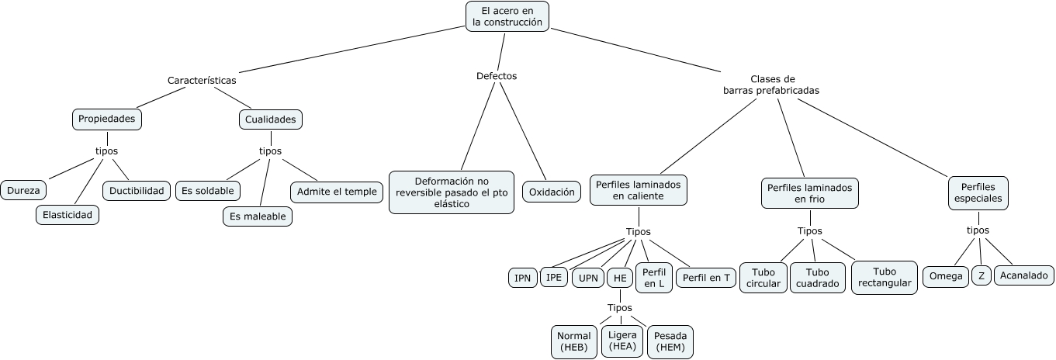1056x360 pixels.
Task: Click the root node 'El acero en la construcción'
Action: pyautogui.click(x=507, y=16)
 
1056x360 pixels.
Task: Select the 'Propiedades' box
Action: pyautogui.click(x=107, y=119)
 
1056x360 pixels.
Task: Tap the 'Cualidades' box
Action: pyautogui.click(x=270, y=119)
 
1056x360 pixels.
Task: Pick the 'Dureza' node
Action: pyautogui.click(x=23, y=190)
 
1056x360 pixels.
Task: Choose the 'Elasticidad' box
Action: pyautogui.click(x=68, y=215)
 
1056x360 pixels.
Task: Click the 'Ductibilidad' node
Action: pyautogui.click(x=137, y=190)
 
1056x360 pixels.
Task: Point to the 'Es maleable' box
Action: pyautogui.click(x=258, y=216)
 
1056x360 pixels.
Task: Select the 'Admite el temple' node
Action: pyautogui.click(x=336, y=192)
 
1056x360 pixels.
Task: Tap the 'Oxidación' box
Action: pyautogui.click(x=552, y=192)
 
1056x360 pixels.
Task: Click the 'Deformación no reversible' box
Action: pyautogui.click(x=451, y=192)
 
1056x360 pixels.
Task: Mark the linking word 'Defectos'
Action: pyautogui.click(x=497, y=76)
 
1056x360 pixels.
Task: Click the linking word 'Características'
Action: pyautogui.click(x=202, y=80)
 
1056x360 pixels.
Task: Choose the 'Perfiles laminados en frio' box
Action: pyautogui.click(x=809, y=193)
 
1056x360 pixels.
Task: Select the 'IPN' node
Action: pyautogui.click(x=522, y=278)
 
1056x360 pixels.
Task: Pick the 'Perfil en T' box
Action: pyautogui.click(x=705, y=278)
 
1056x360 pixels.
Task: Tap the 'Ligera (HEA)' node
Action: pyautogui.click(x=622, y=341)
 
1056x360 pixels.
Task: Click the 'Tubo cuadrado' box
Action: pyautogui.click(x=817, y=278)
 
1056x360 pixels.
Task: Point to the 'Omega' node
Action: pyautogui.click(x=945, y=275)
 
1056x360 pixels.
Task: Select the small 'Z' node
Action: pyautogui.click(x=981, y=275)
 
